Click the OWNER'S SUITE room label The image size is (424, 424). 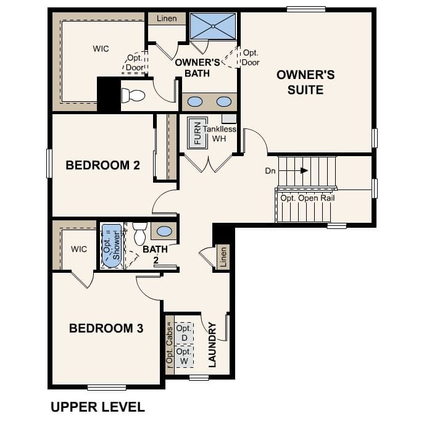point(306,82)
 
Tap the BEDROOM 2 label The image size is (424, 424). point(103,165)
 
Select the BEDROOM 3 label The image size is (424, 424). point(106,328)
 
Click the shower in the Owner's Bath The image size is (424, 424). point(213,26)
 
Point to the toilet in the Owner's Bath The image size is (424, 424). point(133,95)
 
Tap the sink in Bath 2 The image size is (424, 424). point(165,231)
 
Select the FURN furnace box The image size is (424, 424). point(198,131)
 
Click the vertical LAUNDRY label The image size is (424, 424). point(212,344)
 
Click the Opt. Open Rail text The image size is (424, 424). point(308,198)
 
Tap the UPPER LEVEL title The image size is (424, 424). point(98,407)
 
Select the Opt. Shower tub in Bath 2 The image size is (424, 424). point(112,245)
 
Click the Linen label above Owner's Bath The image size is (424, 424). point(167,19)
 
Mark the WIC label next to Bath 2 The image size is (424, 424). point(79,249)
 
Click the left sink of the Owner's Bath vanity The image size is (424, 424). point(195,102)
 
